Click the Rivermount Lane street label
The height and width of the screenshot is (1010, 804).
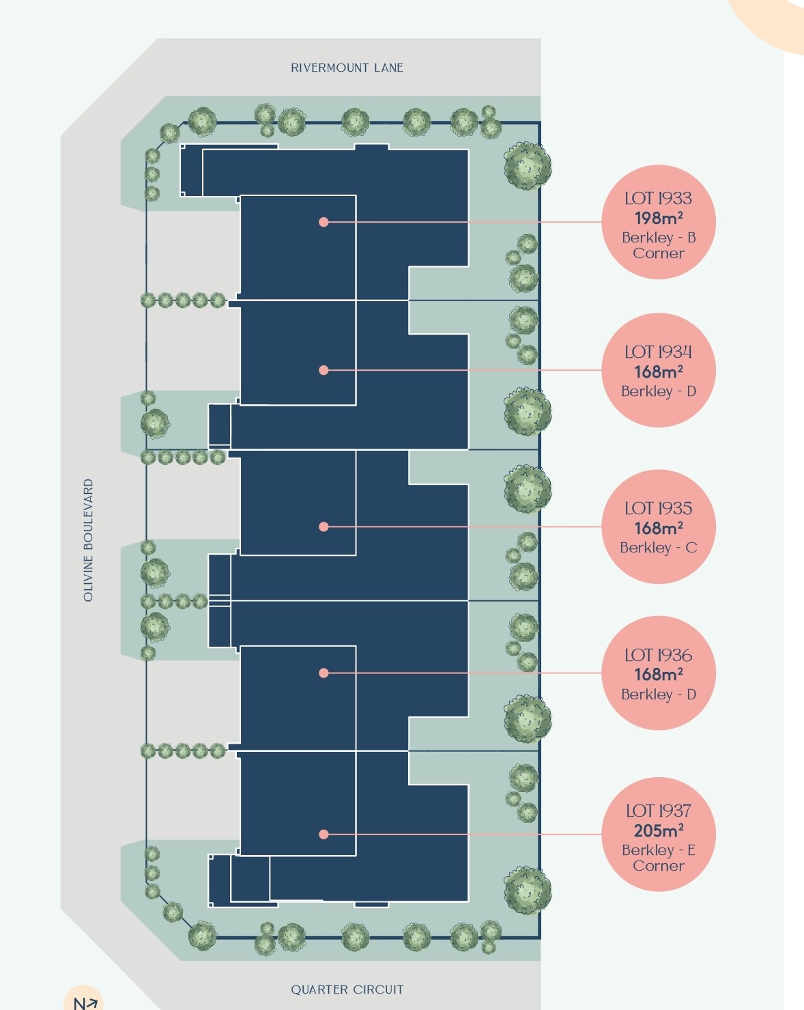point(347,68)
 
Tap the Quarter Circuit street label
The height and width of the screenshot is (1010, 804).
point(347,990)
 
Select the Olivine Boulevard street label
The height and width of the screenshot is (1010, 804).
point(88,540)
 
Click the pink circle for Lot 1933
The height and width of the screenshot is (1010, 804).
point(659,222)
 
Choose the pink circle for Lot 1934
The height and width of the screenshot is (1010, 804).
point(659,370)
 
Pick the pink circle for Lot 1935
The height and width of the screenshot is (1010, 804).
point(659,527)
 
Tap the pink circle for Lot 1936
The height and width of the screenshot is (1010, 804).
point(659,673)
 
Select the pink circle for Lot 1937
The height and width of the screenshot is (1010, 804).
point(659,834)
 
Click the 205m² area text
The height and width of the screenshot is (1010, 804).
point(659,830)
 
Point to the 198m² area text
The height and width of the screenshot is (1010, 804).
point(659,218)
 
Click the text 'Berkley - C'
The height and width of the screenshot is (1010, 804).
point(659,548)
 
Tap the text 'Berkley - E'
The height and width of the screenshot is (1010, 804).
point(659,850)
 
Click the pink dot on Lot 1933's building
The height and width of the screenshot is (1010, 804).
point(324,222)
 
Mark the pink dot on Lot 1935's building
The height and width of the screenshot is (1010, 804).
point(324,527)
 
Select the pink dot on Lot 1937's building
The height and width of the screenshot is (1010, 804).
point(324,834)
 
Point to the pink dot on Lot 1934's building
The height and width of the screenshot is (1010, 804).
point(324,370)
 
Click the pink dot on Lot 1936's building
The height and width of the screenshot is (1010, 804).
point(324,673)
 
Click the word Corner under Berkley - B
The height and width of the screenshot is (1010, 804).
point(659,253)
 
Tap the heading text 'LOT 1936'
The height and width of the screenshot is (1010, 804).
point(659,655)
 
